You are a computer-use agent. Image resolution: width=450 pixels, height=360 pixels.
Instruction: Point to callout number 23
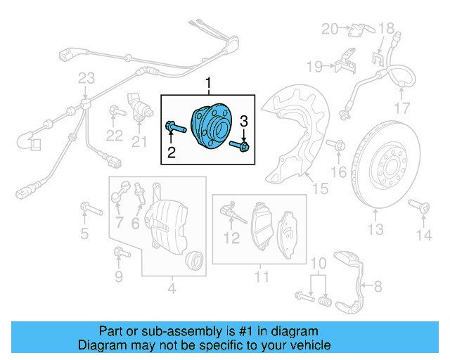click(86, 77)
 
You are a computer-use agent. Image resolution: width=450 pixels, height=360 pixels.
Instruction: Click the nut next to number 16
click(337, 146)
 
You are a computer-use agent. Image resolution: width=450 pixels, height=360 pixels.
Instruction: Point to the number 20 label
click(330, 29)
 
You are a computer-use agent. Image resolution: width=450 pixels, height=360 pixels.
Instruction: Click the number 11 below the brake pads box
click(261, 277)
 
